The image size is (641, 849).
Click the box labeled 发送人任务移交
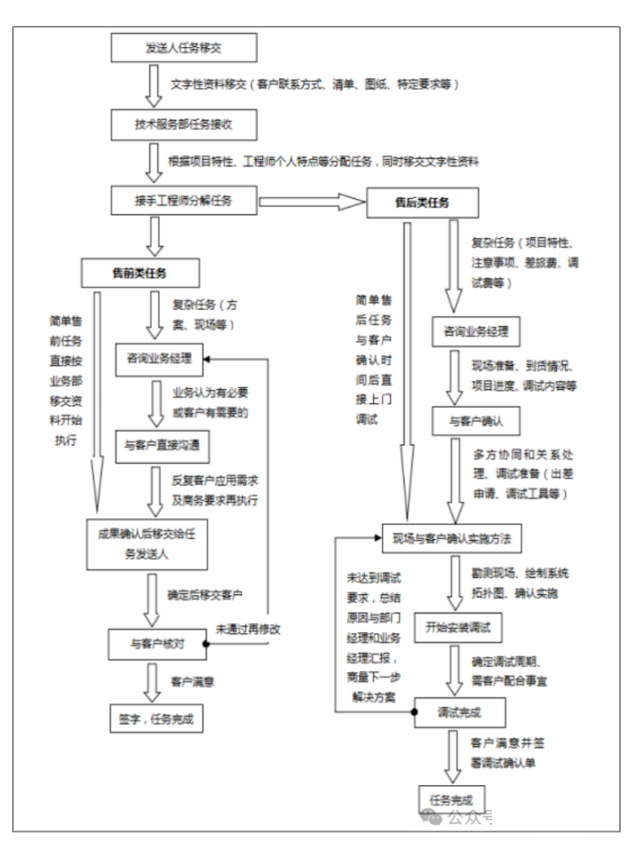(x=184, y=48)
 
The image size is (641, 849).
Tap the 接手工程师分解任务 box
(x=184, y=200)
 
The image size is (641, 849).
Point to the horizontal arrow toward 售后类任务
(x=311, y=201)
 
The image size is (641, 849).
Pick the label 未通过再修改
(x=253, y=628)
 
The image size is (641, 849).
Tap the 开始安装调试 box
(x=459, y=626)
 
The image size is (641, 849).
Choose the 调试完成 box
(x=459, y=712)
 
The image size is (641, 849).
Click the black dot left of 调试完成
(x=414, y=712)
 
